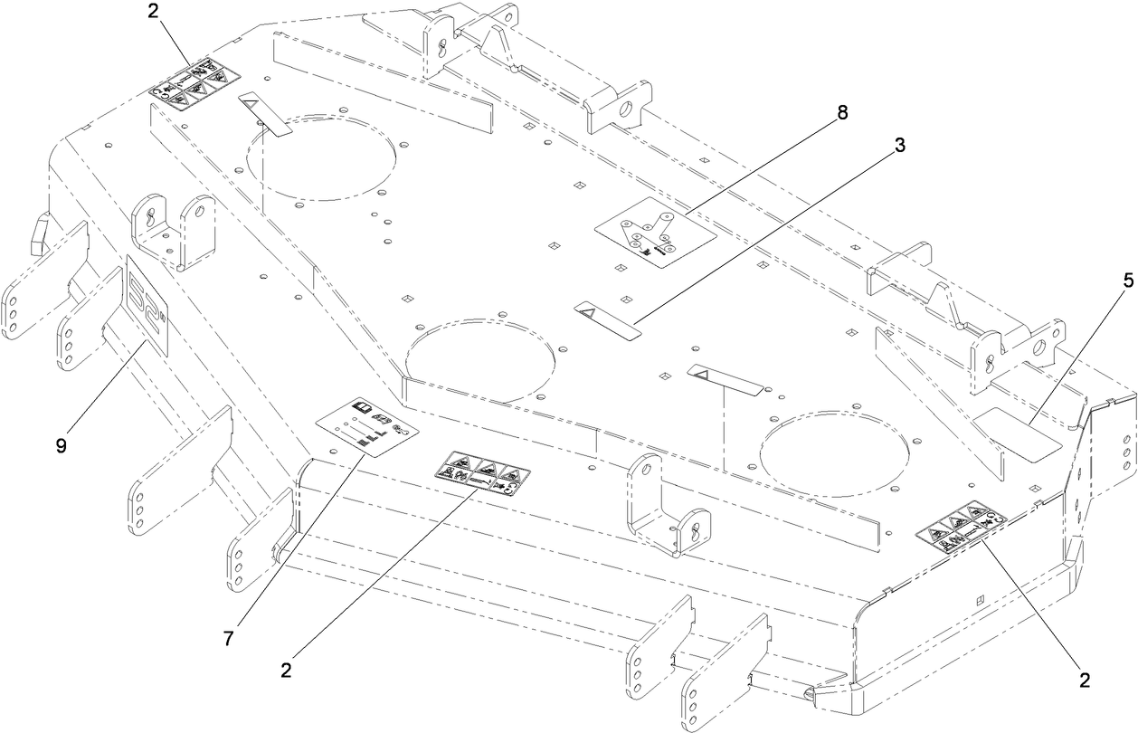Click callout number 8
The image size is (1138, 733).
point(842,113)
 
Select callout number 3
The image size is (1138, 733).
point(901,145)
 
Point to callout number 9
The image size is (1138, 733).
point(61,447)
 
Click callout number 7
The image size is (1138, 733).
point(229,638)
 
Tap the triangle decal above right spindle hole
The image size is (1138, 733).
point(723,379)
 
